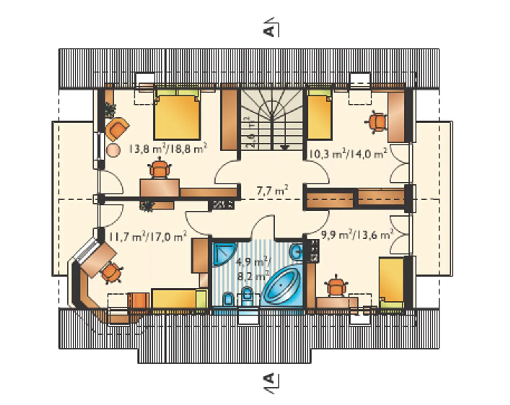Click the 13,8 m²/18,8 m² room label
click(x=168, y=149)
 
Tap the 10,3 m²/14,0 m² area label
click(x=348, y=154)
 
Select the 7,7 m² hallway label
click(x=273, y=190)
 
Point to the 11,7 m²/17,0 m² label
click(x=147, y=236)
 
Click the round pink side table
click(x=113, y=150)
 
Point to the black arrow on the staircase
click(x=285, y=147)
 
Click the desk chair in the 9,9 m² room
click(x=336, y=287)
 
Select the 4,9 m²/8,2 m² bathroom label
click(x=253, y=269)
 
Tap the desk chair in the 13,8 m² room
click(x=159, y=168)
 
